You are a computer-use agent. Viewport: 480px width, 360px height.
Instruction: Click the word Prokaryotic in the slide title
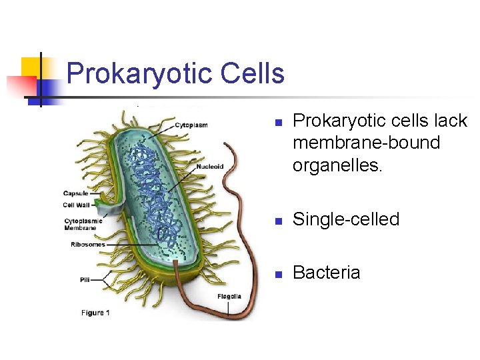137,73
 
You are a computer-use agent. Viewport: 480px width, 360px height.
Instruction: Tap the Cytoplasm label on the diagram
191,125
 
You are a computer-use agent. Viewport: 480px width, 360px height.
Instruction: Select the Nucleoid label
209,167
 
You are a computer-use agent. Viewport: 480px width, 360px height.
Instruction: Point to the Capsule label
75,194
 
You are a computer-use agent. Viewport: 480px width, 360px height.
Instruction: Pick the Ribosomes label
88,245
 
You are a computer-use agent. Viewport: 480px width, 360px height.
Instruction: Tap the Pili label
85,281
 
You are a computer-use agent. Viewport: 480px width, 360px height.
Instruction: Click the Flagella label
229,296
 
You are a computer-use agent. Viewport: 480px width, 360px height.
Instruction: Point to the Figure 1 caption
95,312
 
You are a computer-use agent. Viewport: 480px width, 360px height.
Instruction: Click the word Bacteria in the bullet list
327,273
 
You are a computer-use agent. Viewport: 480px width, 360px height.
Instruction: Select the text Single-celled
346,219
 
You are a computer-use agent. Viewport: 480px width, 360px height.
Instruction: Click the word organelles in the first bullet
337,165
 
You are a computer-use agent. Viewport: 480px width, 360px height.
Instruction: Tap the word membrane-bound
366,143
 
